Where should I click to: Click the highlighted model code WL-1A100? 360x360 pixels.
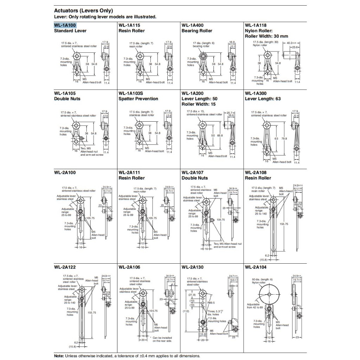click(x=65, y=25)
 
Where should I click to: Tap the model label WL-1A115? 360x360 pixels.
click(x=129, y=25)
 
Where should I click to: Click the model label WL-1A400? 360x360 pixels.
click(x=193, y=25)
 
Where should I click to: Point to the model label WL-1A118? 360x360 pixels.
click(x=256, y=25)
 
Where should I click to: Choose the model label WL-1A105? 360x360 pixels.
click(x=65, y=93)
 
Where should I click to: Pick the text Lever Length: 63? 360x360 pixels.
click(x=263, y=99)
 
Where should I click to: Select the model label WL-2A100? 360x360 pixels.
click(x=65, y=172)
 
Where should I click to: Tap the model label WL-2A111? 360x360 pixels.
click(x=129, y=172)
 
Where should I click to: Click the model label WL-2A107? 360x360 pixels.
click(x=193, y=172)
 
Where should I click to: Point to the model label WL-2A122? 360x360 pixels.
click(x=65, y=267)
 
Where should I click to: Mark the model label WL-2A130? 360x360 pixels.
click(x=193, y=267)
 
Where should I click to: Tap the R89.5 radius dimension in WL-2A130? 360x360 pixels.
click(x=211, y=302)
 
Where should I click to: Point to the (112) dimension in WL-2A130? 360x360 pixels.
click(x=186, y=311)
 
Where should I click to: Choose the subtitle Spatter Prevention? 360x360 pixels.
click(x=138, y=99)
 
